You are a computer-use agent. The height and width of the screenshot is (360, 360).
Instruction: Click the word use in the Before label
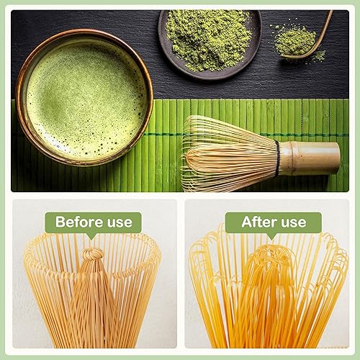point(117,222)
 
